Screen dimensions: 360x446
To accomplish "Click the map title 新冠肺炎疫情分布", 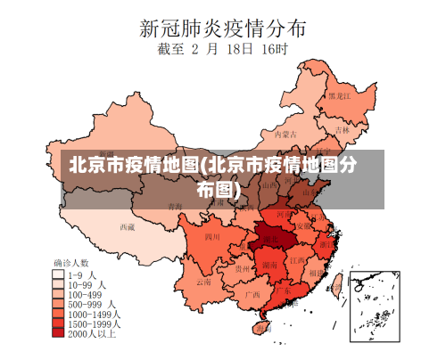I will pyautogui.click(x=223, y=27).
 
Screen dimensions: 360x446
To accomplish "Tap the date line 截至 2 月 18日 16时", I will pyautogui.click(x=222, y=51).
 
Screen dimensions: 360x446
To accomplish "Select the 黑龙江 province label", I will pyautogui.click(x=339, y=95).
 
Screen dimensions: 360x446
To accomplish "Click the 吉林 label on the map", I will pyautogui.click(x=343, y=129).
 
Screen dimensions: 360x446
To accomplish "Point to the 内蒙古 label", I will pyautogui.click(x=284, y=135).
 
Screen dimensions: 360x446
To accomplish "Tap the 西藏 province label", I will pyautogui.click(x=128, y=227).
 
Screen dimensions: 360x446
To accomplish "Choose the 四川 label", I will pyautogui.click(x=212, y=237).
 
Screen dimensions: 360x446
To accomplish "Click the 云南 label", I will pyautogui.click(x=204, y=282).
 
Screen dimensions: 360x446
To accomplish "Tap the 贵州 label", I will pyautogui.click(x=242, y=267).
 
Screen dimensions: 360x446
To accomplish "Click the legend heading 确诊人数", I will pyautogui.click(x=70, y=263).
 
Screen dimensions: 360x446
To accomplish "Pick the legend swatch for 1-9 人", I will pyautogui.click(x=60, y=275).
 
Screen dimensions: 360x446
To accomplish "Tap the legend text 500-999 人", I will pyautogui.click(x=89, y=305).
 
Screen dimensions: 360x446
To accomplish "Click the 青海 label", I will pyautogui.click(x=175, y=207).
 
